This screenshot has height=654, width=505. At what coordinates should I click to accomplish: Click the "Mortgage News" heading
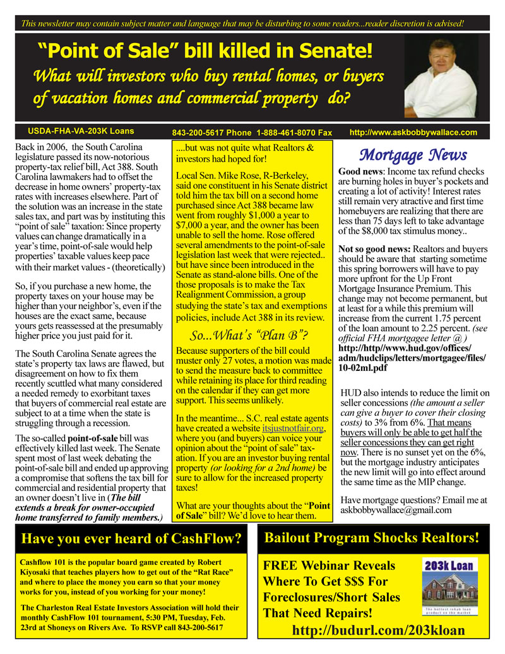413,155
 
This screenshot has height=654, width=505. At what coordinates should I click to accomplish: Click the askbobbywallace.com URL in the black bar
413,133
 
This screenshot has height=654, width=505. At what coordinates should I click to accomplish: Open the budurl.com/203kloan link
378,630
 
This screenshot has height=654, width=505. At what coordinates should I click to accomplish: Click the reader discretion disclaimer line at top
243,23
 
